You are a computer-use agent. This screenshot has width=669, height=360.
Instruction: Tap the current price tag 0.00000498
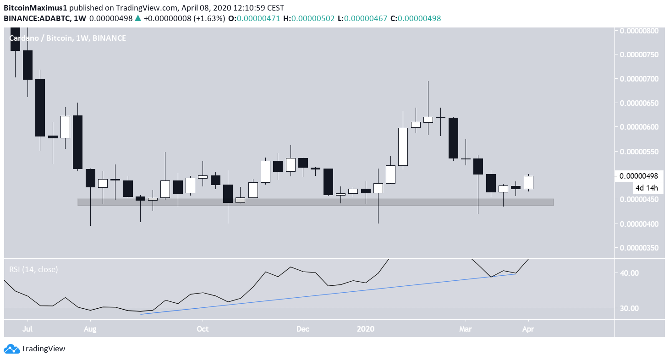638,176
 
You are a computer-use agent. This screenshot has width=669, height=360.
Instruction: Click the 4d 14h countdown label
646,188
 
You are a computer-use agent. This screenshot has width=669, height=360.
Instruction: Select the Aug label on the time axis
90,329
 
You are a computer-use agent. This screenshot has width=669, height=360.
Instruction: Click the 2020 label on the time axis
366,329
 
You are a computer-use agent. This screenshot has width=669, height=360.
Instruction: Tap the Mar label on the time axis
466,329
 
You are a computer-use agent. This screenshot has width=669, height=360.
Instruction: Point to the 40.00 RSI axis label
629,273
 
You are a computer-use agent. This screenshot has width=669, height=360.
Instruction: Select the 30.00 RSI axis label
629,308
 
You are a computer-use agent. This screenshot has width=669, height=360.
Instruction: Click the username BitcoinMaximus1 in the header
31,8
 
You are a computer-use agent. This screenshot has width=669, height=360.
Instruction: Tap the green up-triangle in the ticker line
138,18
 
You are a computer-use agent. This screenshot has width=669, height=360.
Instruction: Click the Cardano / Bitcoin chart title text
40,38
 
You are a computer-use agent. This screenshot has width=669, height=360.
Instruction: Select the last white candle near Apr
528,182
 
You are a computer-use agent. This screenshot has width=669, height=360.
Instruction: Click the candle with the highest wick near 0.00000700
428,120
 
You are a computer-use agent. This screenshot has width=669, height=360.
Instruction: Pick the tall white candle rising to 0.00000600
403,147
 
